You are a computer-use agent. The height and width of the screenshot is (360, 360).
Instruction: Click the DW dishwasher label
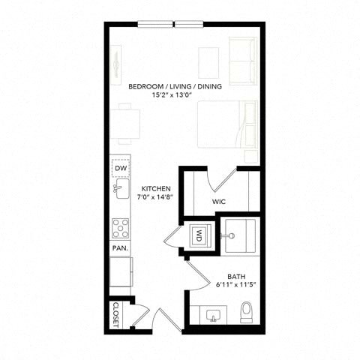point(121,168)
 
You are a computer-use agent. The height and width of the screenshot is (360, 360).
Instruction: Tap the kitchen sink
point(121,189)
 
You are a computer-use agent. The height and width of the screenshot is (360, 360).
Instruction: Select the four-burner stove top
point(121,228)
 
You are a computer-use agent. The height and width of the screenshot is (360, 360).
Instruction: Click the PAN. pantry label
point(120,248)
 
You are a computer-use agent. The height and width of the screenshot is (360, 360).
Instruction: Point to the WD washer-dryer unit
point(199,235)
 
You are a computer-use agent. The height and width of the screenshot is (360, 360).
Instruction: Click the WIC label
point(219,202)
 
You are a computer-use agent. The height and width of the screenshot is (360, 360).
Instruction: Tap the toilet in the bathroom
point(247,312)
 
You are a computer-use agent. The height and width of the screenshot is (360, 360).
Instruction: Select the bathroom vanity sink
point(213,316)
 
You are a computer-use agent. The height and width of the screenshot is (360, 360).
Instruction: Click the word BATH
point(236,277)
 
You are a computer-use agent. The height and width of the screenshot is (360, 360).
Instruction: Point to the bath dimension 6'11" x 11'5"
point(236,285)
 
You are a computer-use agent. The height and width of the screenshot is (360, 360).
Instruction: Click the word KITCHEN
point(156,188)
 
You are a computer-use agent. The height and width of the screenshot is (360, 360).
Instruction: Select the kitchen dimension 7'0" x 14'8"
point(155,196)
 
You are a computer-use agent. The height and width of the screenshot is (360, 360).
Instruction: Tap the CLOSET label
point(115,315)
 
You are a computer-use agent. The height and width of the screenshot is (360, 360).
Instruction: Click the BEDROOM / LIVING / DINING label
point(175,86)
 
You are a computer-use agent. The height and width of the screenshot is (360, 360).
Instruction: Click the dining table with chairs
point(125,124)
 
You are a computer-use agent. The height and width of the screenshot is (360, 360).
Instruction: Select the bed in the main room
point(227,124)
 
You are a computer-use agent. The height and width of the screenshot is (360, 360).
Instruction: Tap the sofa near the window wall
point(243,61)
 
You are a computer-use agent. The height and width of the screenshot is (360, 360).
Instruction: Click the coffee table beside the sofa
point(208,63)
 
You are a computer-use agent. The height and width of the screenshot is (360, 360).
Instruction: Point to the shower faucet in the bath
point(228,235)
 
